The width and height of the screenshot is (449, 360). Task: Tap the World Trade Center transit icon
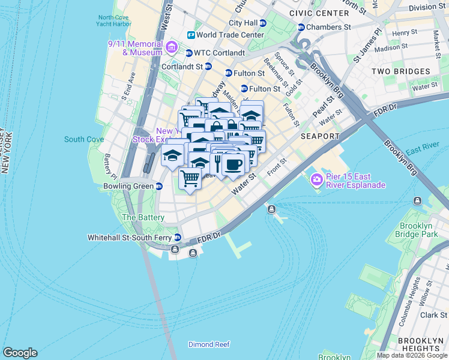click(x=191, y=35)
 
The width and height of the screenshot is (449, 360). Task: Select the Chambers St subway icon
click(x=301, y=27)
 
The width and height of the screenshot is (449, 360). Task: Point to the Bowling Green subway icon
click(x=159, y=186)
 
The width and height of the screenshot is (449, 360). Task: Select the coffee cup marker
click(x=233, y=164)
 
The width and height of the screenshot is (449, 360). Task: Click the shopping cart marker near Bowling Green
click(x=190, y=178)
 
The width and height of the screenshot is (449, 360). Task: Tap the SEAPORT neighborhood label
click(x=320, y=136)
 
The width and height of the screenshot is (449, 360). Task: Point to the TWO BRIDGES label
click(x=400, y=71)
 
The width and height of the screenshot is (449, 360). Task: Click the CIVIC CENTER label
click(x=319, y=13)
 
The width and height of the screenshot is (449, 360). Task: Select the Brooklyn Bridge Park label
click(x=419, y=230)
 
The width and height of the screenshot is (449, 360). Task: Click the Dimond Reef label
click(x=209, y=344)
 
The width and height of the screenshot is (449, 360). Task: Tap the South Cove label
click(x=84, y=139)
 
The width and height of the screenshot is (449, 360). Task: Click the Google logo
click(x=20, y=353)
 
